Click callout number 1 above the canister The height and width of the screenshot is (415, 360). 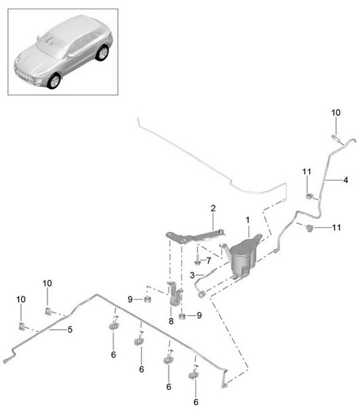tap(248, 219)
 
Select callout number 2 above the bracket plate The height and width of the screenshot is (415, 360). tap(213, 209)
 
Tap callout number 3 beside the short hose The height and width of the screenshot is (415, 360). tap(192, 274)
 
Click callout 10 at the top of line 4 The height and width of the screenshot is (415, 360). tap(335, 113)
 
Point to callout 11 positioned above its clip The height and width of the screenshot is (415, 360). tap(306, 172)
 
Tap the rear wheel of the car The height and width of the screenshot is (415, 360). tap(102, 53)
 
